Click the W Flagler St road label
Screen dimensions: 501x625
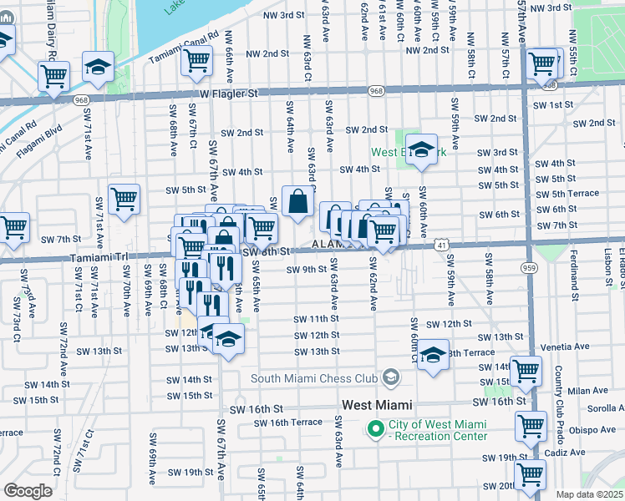pyautogui.click(x=228, y=95)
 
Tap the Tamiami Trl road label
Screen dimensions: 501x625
pyautogui.click(x=100, y=258)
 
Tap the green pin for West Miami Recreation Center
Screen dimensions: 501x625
pyautogui.click(x=375, y=431)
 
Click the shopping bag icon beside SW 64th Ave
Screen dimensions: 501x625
pyautogui.click(x=298, y=201)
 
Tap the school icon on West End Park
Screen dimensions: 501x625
pyautogui.click(x=422, y=149)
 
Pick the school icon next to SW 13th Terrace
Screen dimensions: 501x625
pyautogui.click(x=433, y=354)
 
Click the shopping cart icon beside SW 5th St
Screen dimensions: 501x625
pyautogui.click(x=124, y=199)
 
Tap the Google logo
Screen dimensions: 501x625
pyautogui.click(x=28, y=490)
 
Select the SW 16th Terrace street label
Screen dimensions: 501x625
pyautogui.click(x=288, y=423)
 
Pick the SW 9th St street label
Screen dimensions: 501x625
pyautogui.click(x=306, y=270)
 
